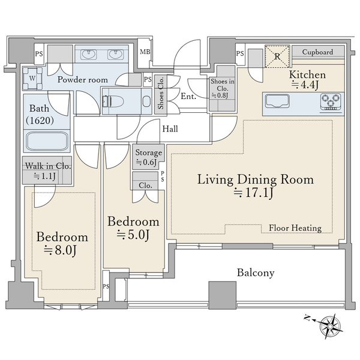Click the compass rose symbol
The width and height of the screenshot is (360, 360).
(x=330, y=326)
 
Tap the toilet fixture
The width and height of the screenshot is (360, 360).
(x=113, y=101)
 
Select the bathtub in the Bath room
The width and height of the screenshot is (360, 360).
(x=47, y=142)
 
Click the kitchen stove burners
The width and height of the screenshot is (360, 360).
(x=331, y=101)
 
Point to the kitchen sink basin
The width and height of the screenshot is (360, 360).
(x=277, y=101)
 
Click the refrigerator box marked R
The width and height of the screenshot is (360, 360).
(x=277, y=56)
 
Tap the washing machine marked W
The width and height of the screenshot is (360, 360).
(x=32, y=78)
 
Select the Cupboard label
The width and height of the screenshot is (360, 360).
(x=317, y=52)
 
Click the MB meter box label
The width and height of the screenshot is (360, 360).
(x=145, y=52)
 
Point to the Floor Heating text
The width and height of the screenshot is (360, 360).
(x=295, y=228)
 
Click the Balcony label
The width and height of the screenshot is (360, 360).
(x=256, y=273)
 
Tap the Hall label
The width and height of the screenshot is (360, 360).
(x=170, y=129)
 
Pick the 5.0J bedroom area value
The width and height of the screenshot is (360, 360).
(x=133, y=235)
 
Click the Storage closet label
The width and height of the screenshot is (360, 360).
(x=149, y=152)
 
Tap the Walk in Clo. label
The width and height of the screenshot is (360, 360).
(x=48, y=166)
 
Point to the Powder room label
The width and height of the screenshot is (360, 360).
(x=83, y=80)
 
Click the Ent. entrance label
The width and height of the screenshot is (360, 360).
(x=188, y=96)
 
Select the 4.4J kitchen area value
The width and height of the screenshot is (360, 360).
(x=305, y=85)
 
